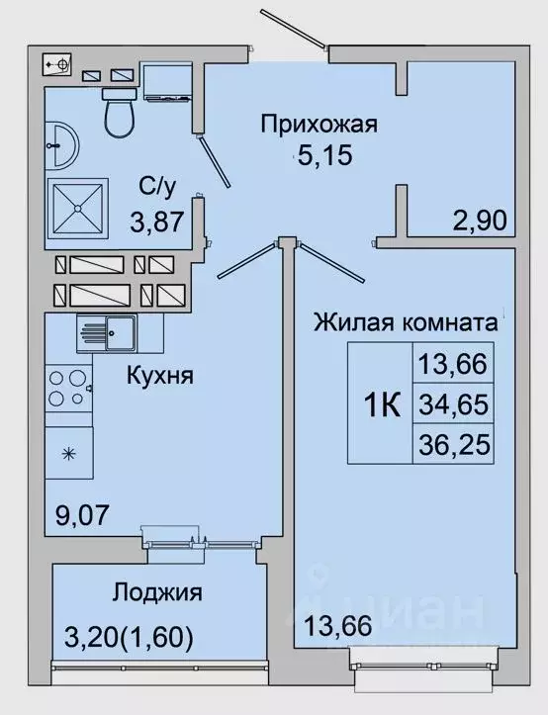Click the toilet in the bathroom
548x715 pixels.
coord(120,113)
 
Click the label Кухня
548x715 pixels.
coord(158,376)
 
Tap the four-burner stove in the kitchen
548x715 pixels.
coord(67,388)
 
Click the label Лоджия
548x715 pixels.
coord(156,593)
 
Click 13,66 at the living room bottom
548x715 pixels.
coord(331,625)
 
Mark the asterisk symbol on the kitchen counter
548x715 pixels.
coord(68,454)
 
